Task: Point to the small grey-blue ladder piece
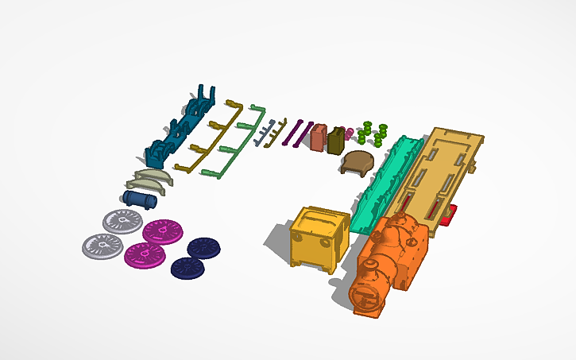269,132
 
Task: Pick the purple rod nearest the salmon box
303,133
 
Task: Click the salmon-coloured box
319,137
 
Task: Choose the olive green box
337,140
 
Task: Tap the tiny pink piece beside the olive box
348,132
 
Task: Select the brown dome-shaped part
358,163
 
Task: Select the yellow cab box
319,238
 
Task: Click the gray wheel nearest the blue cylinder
123,220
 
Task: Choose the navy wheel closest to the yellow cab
204,248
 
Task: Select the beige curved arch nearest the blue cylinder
141,185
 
